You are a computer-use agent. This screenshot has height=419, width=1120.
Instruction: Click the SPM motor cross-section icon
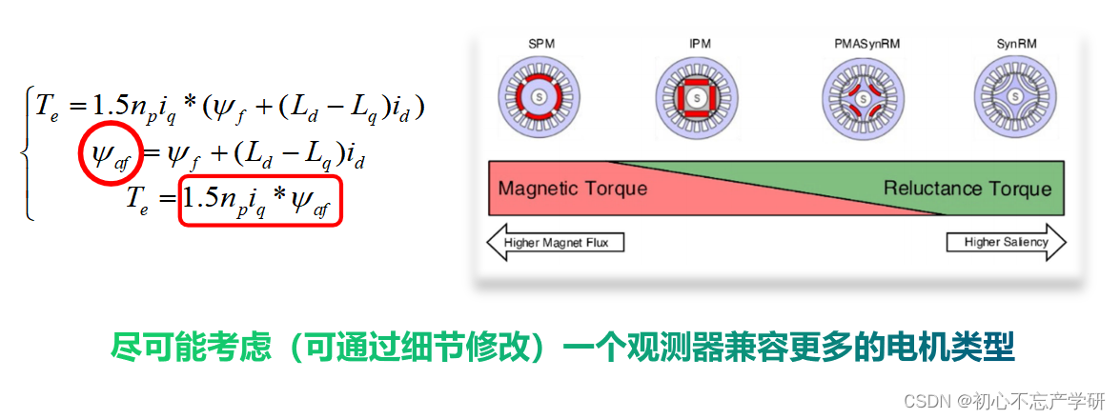[x=540, y=97]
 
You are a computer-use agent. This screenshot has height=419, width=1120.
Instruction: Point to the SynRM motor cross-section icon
[x=1016, y=97]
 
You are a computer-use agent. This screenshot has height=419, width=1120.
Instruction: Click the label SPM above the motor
[x=540, y=44]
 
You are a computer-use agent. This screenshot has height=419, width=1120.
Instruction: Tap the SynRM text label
[x=1016, y=44]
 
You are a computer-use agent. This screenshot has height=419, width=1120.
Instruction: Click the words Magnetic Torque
[x=572, y=188]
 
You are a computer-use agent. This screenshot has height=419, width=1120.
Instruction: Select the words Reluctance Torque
[x=966, y=188]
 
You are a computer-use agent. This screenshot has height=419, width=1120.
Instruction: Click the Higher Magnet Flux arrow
[x=556, y=243]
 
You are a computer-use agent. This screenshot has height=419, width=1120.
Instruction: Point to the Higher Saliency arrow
[x=1004, y=243]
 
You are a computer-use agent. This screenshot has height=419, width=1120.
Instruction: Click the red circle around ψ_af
[x=112, y=155]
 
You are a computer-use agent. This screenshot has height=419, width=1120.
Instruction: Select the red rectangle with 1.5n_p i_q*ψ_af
[x=260, y=200]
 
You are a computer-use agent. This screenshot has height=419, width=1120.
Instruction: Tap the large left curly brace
[x=28, y=152]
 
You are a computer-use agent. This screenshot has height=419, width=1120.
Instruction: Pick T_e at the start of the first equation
[x=48, y=106]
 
